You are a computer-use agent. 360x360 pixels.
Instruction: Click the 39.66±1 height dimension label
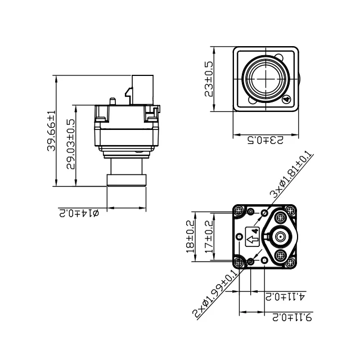tap(51, 131)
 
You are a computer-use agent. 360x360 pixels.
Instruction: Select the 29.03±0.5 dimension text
tap(71, 145)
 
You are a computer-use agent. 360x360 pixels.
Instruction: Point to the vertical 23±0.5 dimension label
tap(209, 79)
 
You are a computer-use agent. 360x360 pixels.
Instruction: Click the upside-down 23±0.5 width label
tap(266, 139)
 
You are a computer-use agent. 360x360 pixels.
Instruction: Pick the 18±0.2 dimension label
tap(190, 236)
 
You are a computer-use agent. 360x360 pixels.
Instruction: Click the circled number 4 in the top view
tap(286, 100)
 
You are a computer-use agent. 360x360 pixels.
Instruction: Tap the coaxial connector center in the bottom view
tap(280, 237)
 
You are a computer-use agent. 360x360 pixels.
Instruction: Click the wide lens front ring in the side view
tap(127, 180)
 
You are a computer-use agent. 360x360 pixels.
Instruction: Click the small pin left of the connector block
tap(113, 101)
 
